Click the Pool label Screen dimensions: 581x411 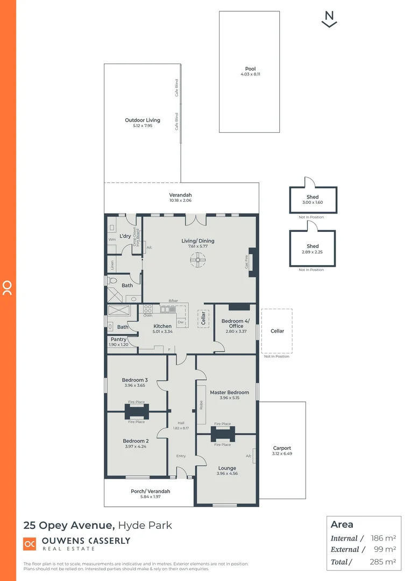pyautogui.click(x=250, y=69)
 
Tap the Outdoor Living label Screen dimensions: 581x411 pyautogui.click(x=143, y=121)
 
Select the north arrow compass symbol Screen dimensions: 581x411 pyautogui.click(x=329, y=19)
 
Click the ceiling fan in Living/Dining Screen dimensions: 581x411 pyautogui.click(x=197, y=261)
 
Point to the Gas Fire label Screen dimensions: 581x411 pyautogui.click(x=247, y=262)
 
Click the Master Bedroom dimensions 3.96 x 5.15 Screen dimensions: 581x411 pyautogui.click(x=229, y=398)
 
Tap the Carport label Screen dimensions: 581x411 pyautogui.click(x=282, y=448)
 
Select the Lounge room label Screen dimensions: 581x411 pyautogui.click(x=227, y=468)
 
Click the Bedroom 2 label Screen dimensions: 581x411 pyautogui.click(x=135, y=441)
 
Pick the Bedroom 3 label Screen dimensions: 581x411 pyautogui.click(x=134, y=380)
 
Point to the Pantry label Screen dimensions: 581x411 pyautogui.click(x=118, y=339)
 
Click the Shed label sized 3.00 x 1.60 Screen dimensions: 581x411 pyautogui.click(x=313, y=197)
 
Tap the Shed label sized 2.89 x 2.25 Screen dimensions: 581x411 pyautogui.click(x=313, y=246)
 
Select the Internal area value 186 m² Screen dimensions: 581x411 pyautogui.click(x=384, y=538)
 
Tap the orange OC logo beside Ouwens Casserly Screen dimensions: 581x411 pyautogui.click(x=30, y=544)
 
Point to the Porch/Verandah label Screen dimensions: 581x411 pyautogui.click(x=150, y=491)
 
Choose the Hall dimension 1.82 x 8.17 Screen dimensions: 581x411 pyautogui.click(x=181, y=428)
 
